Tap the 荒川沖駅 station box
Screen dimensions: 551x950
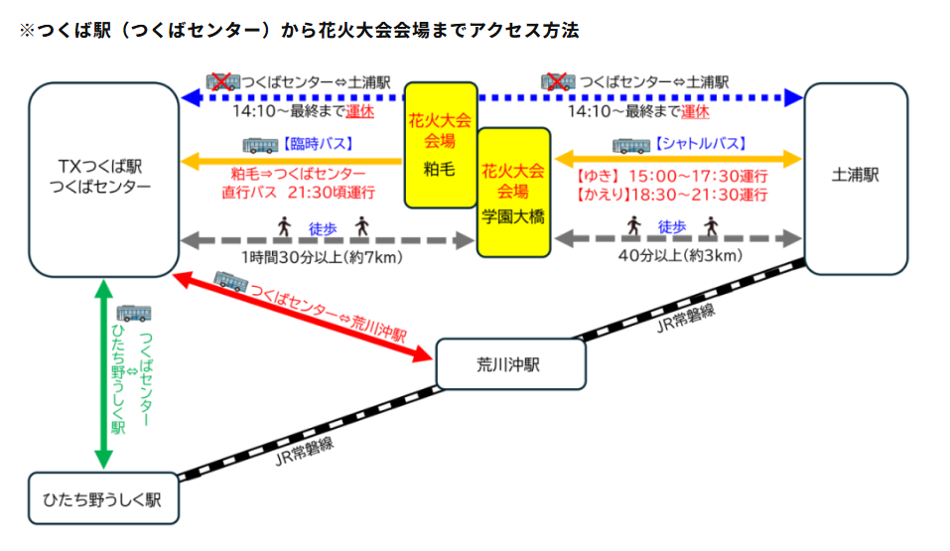tap(507, 364)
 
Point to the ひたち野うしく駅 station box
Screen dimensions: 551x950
tap(103, 498)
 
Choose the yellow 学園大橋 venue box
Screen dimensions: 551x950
tap(513, 193)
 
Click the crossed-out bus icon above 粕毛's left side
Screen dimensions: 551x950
tap(223, 80)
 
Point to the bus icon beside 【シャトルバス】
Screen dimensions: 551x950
tap(630, 144)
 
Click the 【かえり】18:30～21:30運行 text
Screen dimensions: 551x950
tap(672, 195)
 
